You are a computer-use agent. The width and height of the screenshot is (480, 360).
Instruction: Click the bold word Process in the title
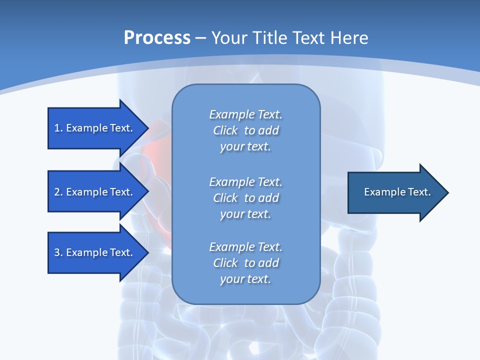click(x=157, y=38)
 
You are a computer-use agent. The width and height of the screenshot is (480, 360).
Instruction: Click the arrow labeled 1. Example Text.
click(x=95, y=128)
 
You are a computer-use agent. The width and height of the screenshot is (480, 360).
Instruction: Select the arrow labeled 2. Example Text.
click(x=95, y=192)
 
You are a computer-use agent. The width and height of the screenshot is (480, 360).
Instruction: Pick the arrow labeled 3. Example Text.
click(x=95, y=252)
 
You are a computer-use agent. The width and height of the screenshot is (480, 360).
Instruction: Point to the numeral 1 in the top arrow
click(x=57, y=128)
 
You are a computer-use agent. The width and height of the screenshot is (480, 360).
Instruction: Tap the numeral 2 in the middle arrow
click(x=57, y=192)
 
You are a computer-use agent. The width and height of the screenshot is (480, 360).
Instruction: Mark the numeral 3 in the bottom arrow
click(x=57, y=252)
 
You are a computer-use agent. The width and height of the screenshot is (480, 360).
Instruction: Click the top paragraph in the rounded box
click(x=245, y=130)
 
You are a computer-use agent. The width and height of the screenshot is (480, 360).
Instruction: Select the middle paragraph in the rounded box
click(x=245, y=197)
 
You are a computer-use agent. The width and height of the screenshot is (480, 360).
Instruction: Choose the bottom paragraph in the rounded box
click(x=245, y=263)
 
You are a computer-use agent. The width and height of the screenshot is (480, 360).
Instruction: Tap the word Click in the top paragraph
click(x=225, y=130)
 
